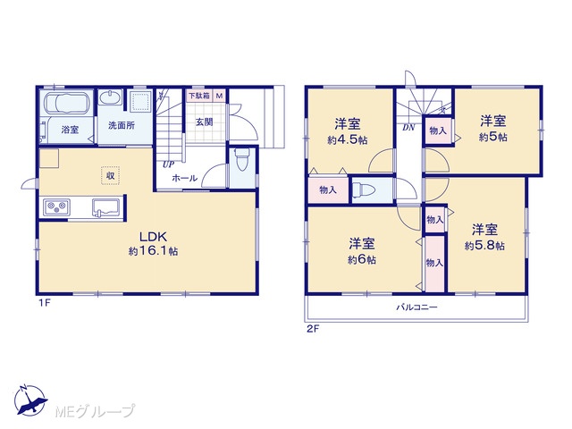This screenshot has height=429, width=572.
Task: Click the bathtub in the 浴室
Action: click(x=68, y=103)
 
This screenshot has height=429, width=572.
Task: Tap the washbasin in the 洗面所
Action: click(x=110, y=98)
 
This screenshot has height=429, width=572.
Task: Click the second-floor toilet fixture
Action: click(x=365, y=190)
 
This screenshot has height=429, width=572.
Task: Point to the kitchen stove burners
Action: click(x=57, y=207)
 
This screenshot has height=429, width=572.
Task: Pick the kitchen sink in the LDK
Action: click(x=106, y=207)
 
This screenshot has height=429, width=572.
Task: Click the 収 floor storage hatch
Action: click(x=110, y=176)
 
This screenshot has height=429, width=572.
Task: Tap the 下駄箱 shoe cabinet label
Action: click(x=198, y=96)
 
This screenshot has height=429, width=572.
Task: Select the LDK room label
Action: click(x=153, y=237)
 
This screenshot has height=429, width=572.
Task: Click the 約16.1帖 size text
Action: click(x=153, y=251)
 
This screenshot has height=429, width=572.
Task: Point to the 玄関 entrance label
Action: click(x=205, y=122)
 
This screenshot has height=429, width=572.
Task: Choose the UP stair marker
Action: click(x=168, y=164)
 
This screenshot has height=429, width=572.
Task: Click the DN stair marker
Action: click(x=408, y=128)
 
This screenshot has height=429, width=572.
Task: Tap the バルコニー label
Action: click(x=417, y=307)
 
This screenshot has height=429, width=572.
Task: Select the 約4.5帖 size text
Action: click(x=348, y=140)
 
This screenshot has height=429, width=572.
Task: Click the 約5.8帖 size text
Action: click(x=484, y=246)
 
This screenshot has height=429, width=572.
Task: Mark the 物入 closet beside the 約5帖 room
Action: click(x=438, y=130)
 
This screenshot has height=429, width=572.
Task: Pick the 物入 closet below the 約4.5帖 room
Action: click(x=328, y=189)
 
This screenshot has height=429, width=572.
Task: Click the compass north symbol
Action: click(x=29, y=400)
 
